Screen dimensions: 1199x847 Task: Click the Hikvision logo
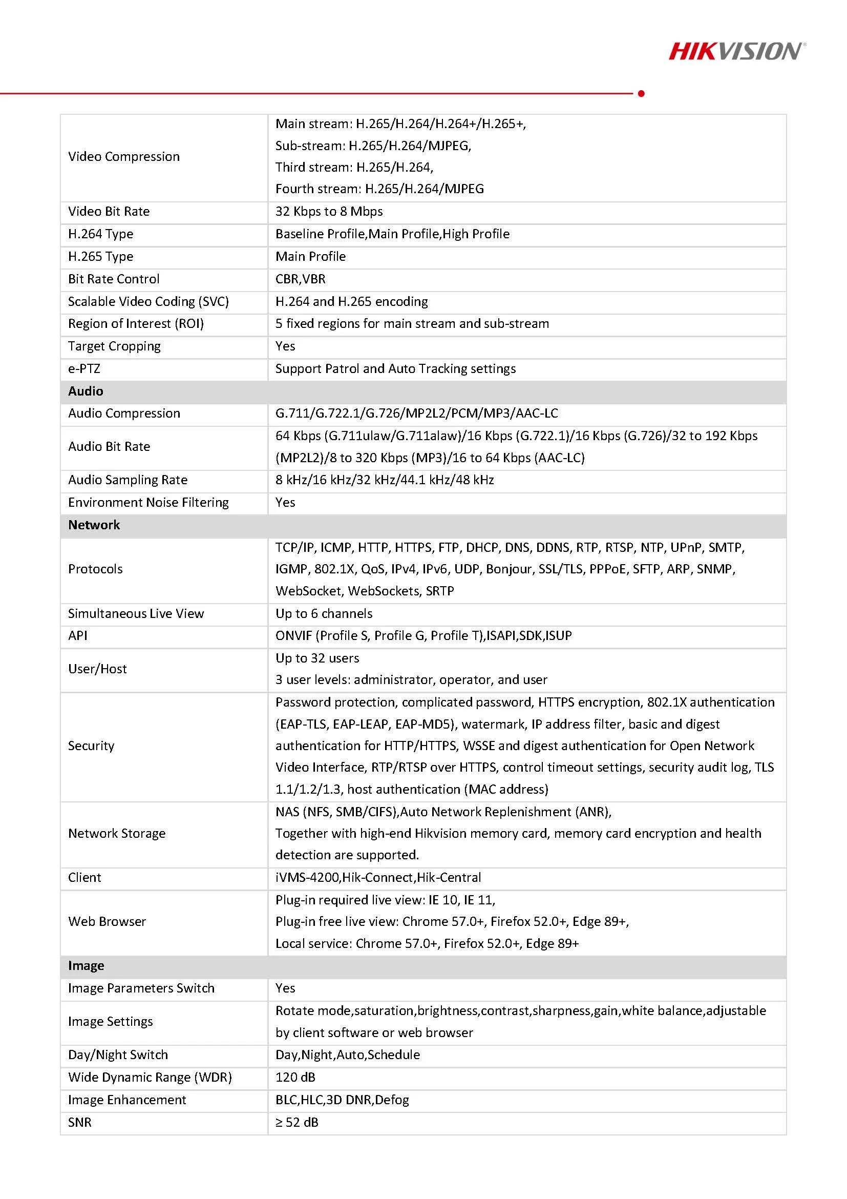click(x=737, y=51)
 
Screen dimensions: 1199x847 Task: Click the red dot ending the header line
click(x=641, y=93)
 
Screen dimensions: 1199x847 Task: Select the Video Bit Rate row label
click(x=109, y=212)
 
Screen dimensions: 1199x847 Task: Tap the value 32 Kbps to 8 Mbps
click(x=329, y=212)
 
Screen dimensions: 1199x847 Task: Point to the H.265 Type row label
click(x=100, y=256)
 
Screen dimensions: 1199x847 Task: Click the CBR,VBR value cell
click(x=300, y=279)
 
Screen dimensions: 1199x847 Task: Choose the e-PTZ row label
click(x=83, y=369)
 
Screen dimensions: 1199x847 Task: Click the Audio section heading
click(x=86, y=391)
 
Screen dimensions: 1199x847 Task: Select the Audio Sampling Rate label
click(x=128, y=480)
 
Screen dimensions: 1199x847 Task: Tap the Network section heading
click(x=94, y=525)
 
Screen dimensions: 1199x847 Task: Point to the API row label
click(x=78, y=635)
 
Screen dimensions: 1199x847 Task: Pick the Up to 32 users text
click(x=317, y=658)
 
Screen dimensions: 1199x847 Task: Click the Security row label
click(x=91, y=746)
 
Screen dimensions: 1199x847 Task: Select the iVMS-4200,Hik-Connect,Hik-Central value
click(x=378, y=877)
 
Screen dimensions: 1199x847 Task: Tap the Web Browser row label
click(x=107, y=921)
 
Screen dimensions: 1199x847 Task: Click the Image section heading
click(x=86, y=965)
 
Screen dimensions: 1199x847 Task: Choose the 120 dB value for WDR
click(x=295, y=1078)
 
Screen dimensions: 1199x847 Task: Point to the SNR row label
click(x=79, y=1122)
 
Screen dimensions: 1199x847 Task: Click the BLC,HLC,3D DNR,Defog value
click(x=342, y=1100)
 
